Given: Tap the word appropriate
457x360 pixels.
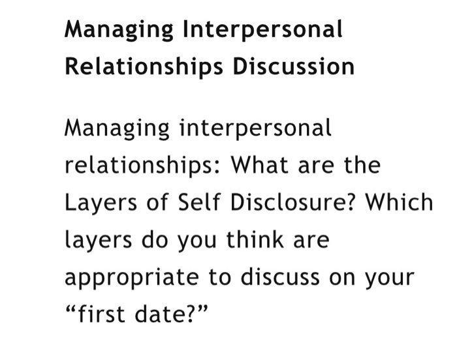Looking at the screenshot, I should pyautogui.click(x=128, y=278).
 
